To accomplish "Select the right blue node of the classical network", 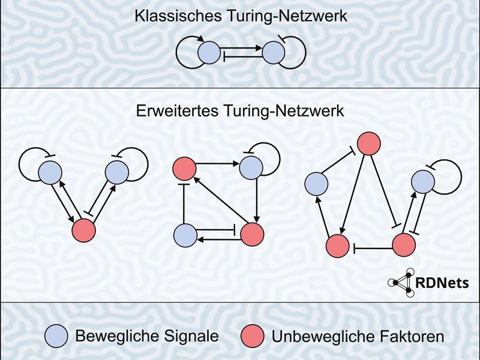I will (272, 52).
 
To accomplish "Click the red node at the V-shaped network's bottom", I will (84, 230).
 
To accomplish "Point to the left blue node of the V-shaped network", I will (50, 173).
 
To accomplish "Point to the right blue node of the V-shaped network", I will (117, 173).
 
